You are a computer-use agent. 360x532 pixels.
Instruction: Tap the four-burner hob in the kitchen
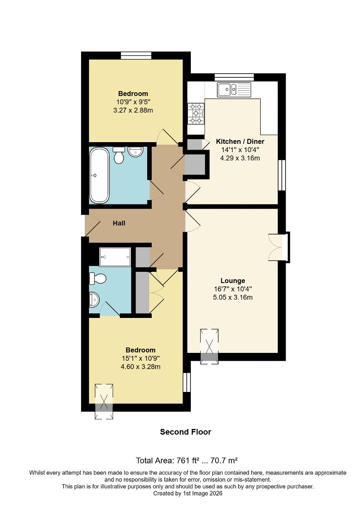(196, 113)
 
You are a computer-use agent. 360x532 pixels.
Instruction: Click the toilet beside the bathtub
(119, 155)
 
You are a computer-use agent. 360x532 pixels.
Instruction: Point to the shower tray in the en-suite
(115, 256)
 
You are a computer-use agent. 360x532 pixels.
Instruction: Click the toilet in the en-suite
(97, 278)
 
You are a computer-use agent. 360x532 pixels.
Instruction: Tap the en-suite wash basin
(95, 299)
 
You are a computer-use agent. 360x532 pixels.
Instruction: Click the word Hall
(119, 223)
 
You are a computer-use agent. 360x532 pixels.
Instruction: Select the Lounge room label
(233, 281)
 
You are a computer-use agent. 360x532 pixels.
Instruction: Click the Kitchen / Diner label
(240, 141)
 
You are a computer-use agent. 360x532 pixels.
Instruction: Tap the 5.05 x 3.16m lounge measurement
(233, 297)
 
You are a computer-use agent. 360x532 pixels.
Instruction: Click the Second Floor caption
(185, 432)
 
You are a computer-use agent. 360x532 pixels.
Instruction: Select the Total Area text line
(187, 461)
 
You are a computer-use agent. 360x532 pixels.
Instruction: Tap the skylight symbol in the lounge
(210, 346)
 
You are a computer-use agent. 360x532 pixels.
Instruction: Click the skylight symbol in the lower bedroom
(104, 401)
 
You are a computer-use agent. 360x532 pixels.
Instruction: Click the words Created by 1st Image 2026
(188, 493)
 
